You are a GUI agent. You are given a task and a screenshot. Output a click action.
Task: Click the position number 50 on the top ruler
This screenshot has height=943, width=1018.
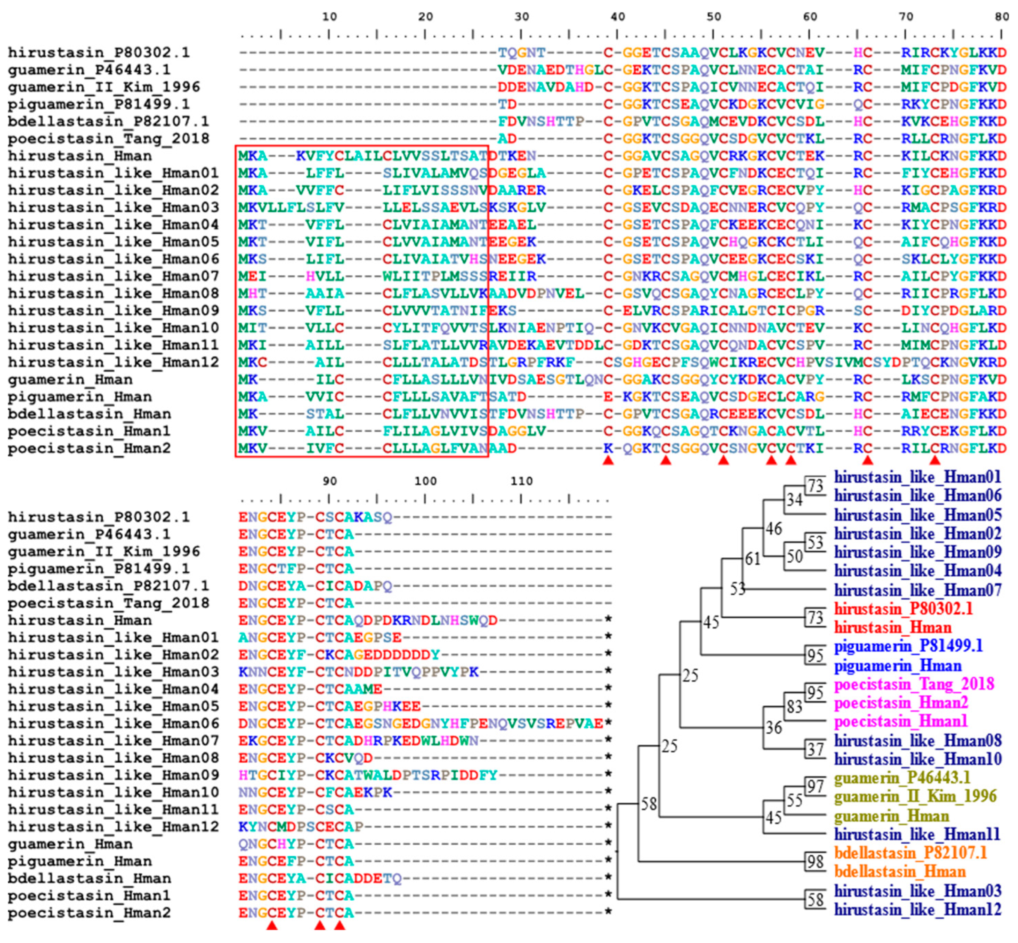pyautogui.click(x=713, y=17)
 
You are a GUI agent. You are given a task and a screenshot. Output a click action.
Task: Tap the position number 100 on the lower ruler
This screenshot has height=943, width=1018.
pyautogui.click(x=425, y=481)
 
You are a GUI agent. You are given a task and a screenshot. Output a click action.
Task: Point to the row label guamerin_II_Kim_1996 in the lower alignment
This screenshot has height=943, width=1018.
pyautogui.click(x=104, y=552)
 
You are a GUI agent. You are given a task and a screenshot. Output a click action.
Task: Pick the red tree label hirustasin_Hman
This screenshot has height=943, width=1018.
pyautogui.click(x=893, y=628)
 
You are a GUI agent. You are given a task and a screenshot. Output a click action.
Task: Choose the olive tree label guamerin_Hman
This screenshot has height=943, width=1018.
pyautogui.click(x=891, y=816)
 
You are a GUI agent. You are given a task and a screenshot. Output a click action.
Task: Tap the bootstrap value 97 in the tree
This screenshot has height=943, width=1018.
pyautogui.click(x=815, y=786)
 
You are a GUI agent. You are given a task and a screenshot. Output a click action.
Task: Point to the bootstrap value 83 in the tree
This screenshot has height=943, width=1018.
pyautogui.click(x=795, y=707)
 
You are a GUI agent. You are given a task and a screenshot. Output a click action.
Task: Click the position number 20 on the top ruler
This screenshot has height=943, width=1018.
pyautogui.click(x=425, y=17)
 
